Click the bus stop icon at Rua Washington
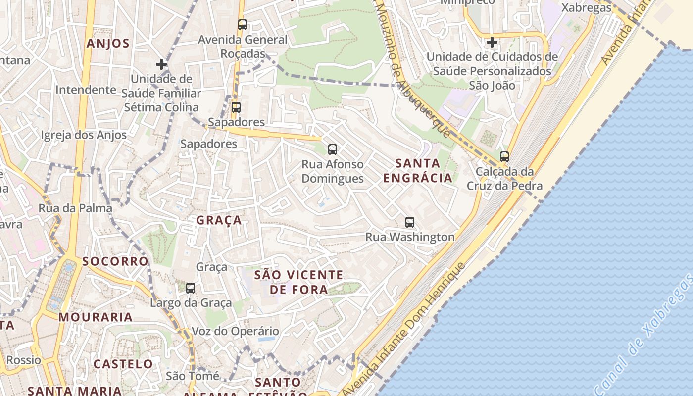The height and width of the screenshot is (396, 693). (410, 222)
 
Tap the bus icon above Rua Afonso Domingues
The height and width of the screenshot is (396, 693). (333, 149)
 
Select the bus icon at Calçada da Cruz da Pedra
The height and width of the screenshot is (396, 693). (504, 157)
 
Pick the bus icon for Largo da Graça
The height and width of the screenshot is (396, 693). (191, 288)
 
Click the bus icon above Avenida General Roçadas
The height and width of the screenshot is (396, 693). (243, 24)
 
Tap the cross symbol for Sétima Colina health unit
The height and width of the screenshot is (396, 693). (161, 64)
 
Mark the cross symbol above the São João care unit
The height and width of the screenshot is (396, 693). (492, 42)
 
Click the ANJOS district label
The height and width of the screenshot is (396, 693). (108, 43)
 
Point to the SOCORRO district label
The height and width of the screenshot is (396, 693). (115, 261)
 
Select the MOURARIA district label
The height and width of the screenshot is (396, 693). (96, 317)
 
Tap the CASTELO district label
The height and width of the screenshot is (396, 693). (123, 364)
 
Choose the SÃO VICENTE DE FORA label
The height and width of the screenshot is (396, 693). (298, 282)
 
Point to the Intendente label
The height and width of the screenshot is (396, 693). (86, 90)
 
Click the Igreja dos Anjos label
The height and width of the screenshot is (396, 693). (84, 135)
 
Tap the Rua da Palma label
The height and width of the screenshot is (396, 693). (76, 208)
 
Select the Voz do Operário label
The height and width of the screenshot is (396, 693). (235, 331)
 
